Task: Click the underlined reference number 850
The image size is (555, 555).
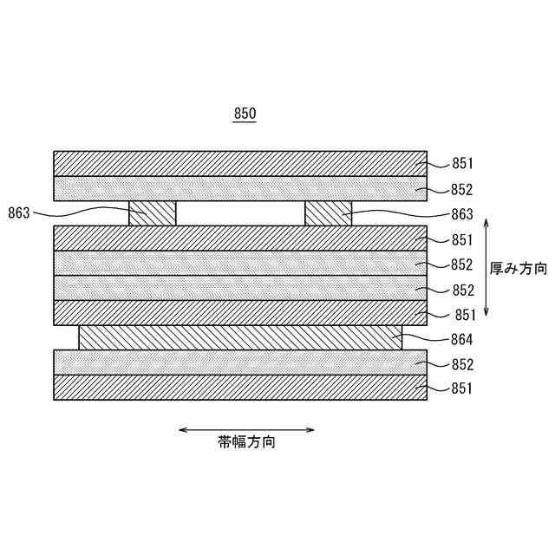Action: click(245, 114)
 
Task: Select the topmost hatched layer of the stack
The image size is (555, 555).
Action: click(240, 164)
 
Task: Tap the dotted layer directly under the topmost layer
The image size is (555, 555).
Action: click(240, 188)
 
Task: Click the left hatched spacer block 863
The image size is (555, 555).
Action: click(153, 213)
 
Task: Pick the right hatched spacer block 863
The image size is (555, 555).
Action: click(329, 213)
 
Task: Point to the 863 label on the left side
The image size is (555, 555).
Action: click(22, 213)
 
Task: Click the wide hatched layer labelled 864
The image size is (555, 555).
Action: click(240, 338)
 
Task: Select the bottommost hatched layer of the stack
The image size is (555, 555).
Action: click(240, 388)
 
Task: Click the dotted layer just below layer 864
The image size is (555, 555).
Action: click(240, 362)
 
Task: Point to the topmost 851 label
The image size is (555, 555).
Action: click(462, 164)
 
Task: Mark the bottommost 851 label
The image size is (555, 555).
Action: click(462, 388)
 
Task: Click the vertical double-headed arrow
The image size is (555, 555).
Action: click(487, 267)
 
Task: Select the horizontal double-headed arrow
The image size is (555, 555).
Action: click(246, 429)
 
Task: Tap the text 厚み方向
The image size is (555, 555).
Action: click(519, 269)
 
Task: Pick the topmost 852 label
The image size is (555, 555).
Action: click(462, 189)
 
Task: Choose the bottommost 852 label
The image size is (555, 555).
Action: click(462, 364)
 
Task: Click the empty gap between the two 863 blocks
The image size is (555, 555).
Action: click(240, 213)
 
